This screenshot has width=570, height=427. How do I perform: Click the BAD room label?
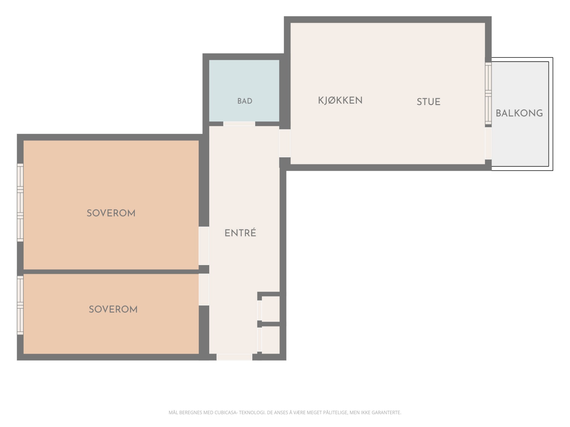[x=245, y=101]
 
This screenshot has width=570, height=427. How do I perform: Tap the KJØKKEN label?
[x=340, y=100]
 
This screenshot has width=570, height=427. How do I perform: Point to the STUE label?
[x=428, y=102]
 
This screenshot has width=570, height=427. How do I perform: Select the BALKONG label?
[x=519, y=113]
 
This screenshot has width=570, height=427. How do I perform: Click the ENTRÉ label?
[x=240, y=233]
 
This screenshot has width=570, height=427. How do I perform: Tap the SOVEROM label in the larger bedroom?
[x=111, y=213]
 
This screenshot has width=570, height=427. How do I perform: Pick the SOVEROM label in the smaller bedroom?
[x=113, y=309]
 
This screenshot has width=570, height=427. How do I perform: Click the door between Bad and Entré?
[x=239, y=124]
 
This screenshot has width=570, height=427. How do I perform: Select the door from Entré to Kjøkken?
[x=285, y=143]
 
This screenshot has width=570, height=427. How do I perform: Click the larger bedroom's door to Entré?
[x=204, y=246]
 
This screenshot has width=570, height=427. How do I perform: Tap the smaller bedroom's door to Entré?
[x=204, y=290]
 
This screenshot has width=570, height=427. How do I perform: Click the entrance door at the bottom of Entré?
[x=234, y=357]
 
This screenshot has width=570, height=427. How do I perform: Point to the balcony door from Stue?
[x=488, y=143]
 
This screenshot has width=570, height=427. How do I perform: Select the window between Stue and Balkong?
[x=488, y=93]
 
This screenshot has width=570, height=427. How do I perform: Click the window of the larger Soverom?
[x=20, y=203]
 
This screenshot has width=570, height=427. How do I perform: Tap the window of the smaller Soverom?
[x=20, y=305]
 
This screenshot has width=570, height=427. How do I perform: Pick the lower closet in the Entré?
[x=269, y=340]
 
